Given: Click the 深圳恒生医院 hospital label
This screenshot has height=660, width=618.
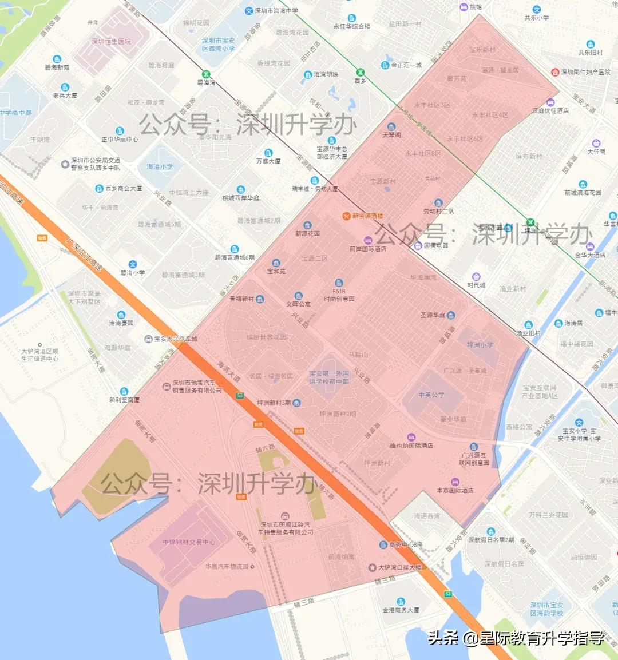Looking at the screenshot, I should (x=112, y=42).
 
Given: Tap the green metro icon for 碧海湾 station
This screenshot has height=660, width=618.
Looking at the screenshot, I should (x=206, y=74).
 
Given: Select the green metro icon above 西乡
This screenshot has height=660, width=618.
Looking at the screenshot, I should (x=360, y=72).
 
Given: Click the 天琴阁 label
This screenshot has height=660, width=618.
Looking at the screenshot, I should (x=392, y=135).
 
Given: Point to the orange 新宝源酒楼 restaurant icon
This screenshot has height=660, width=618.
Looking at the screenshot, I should (x=346, y=216).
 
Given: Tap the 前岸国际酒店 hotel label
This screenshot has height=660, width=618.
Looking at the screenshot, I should (x=368, y=249).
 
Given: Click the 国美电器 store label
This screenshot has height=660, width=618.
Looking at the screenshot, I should (x=436, y=245).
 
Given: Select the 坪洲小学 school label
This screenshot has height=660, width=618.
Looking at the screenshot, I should (x=480, y=345).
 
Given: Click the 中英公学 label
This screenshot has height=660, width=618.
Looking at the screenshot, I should (x=431, y=395).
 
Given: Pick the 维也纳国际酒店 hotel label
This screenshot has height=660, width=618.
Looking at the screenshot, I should (x=411, y=446).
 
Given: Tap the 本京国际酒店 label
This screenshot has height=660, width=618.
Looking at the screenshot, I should (x=455, y=490).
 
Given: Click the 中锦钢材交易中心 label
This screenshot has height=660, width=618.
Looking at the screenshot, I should (x=189, y=542).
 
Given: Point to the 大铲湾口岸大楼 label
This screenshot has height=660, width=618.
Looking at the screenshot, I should (x=399, y=568).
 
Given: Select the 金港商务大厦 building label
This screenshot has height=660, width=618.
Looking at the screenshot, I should (x=401, y=610).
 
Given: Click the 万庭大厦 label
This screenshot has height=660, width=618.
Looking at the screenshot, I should (x=268, y=161).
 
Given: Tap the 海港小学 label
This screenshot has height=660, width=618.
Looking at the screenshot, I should (x=160, y=167).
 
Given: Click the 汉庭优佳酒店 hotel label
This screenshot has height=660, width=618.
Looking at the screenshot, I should (x=550, y=110).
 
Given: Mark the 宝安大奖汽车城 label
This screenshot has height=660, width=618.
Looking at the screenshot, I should (x=175, y=339).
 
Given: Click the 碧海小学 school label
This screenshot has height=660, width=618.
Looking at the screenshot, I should (x=133, y=273).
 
